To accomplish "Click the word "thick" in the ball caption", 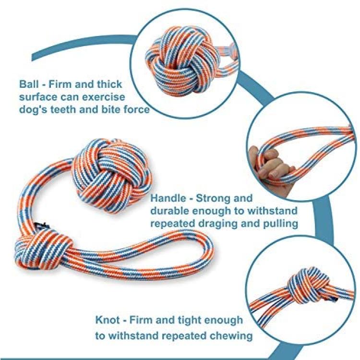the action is tap(109, 84).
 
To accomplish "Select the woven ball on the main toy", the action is tap(111, 176).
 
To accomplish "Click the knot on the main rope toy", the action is tap(44, 249).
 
